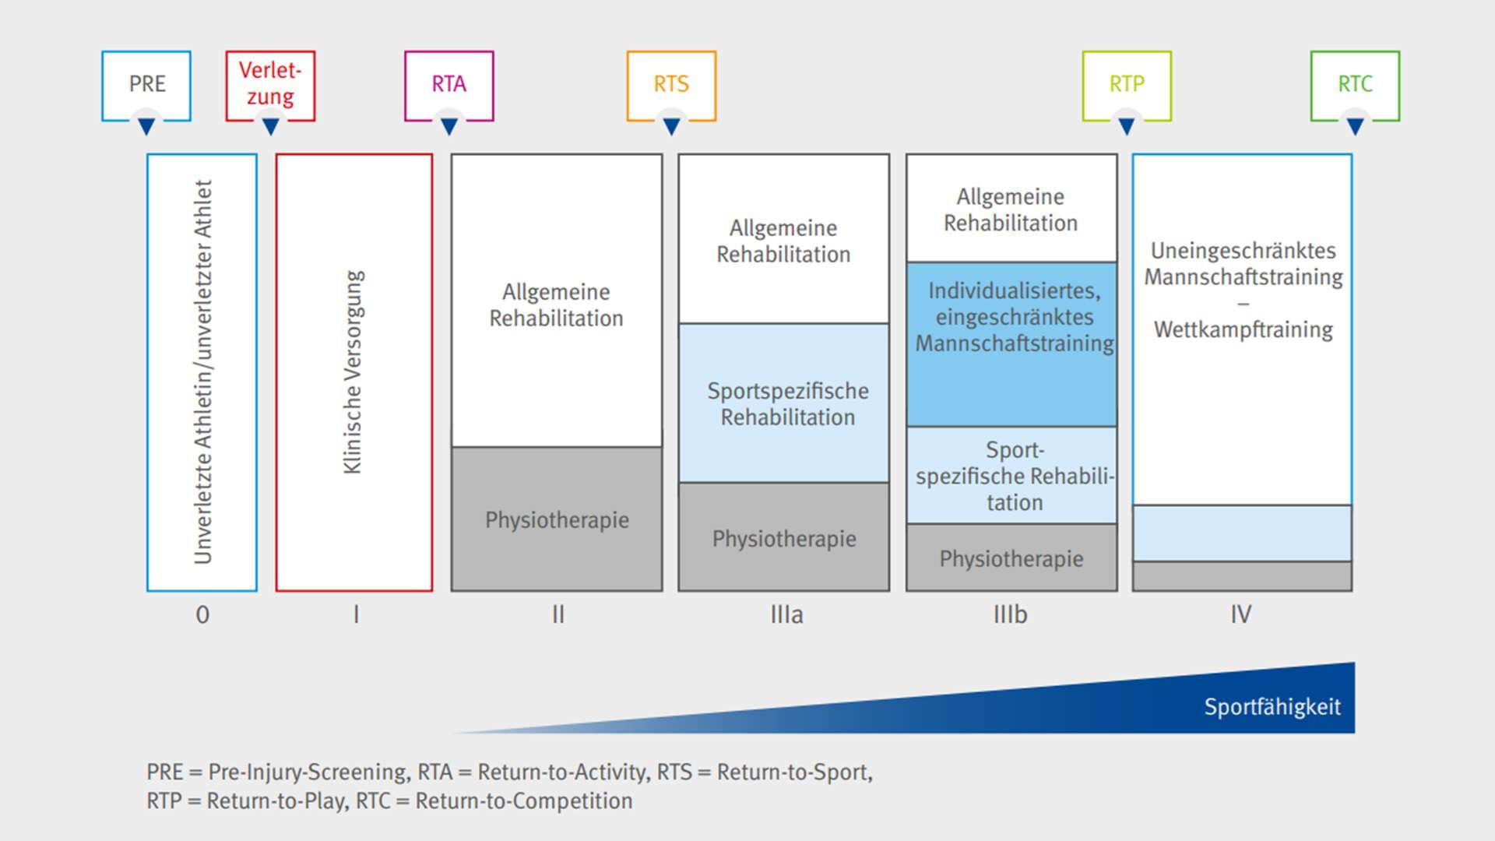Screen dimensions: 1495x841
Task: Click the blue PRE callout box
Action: (146, 84)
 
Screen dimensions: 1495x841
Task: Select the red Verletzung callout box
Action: (270, 84)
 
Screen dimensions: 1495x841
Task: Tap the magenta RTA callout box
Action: (448, 84)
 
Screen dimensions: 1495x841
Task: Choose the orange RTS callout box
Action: (671, 84)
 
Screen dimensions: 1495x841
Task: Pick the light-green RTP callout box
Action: (1127, 84)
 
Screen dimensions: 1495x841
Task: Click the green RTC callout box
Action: (1355, 84)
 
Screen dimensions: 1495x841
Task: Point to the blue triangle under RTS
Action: (671, 126)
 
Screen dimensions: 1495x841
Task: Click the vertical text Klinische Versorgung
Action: (354, 372)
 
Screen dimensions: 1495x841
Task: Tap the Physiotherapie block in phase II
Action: (557, 519)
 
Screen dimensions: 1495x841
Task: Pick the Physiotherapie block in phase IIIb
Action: (1011, 558)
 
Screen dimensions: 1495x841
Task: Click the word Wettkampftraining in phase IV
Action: (1243, 329)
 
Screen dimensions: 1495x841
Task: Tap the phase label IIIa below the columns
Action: (786, 614)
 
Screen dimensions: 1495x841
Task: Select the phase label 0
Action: (202, 614)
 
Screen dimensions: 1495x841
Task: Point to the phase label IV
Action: (1241, 614)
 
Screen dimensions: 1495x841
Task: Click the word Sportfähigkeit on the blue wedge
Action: (1272, 707)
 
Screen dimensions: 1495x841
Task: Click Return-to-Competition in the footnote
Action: (523, 801)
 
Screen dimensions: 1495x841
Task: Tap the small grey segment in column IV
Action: (1242, 576)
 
